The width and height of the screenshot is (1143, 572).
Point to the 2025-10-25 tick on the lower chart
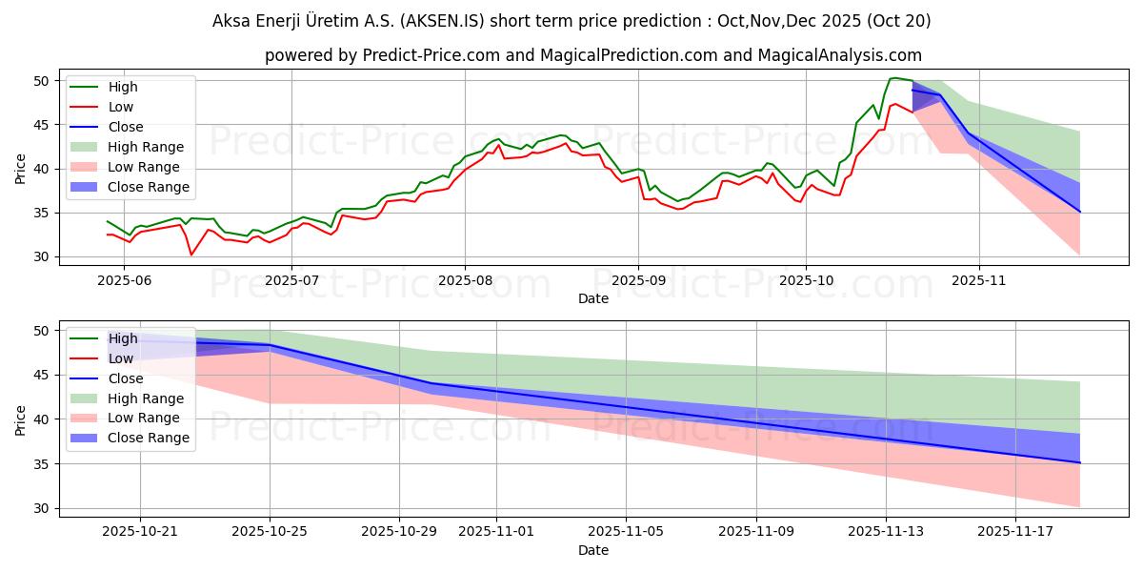(x=271, y=531)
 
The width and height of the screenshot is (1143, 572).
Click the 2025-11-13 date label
(x=886, y=531)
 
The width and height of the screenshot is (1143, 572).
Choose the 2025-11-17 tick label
(x=1015, y=531)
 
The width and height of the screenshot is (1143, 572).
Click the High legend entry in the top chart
(x=123, y=87)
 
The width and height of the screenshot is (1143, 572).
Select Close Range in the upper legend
(x=149, y=187)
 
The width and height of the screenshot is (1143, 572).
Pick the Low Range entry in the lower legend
(x=144, y=419)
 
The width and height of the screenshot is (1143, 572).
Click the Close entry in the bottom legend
(x=126, y=378)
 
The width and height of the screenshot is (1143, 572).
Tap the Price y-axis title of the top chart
(x=21, y=169)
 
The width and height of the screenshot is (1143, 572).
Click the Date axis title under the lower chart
(x=592, y=550)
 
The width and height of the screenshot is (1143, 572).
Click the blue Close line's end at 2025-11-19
(x=1080, y=462)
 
